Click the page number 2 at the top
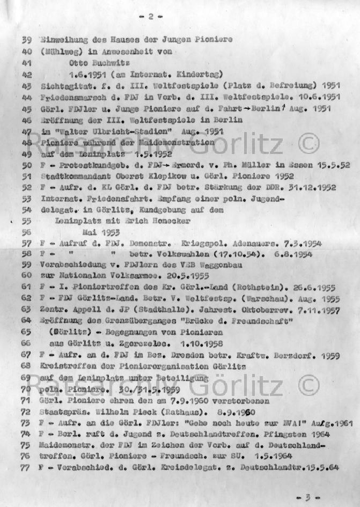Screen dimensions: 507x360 pyautogui.click(x=151, y=17)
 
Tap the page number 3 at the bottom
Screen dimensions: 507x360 pyautogui.click(x=307, y=497)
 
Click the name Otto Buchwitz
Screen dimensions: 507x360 pyautogui.click(x=84, y=63)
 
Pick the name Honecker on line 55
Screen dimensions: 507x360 pyautogui.click(x=191, y=221)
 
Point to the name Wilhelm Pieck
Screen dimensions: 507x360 pyautogui.click(x=144, y=412)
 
